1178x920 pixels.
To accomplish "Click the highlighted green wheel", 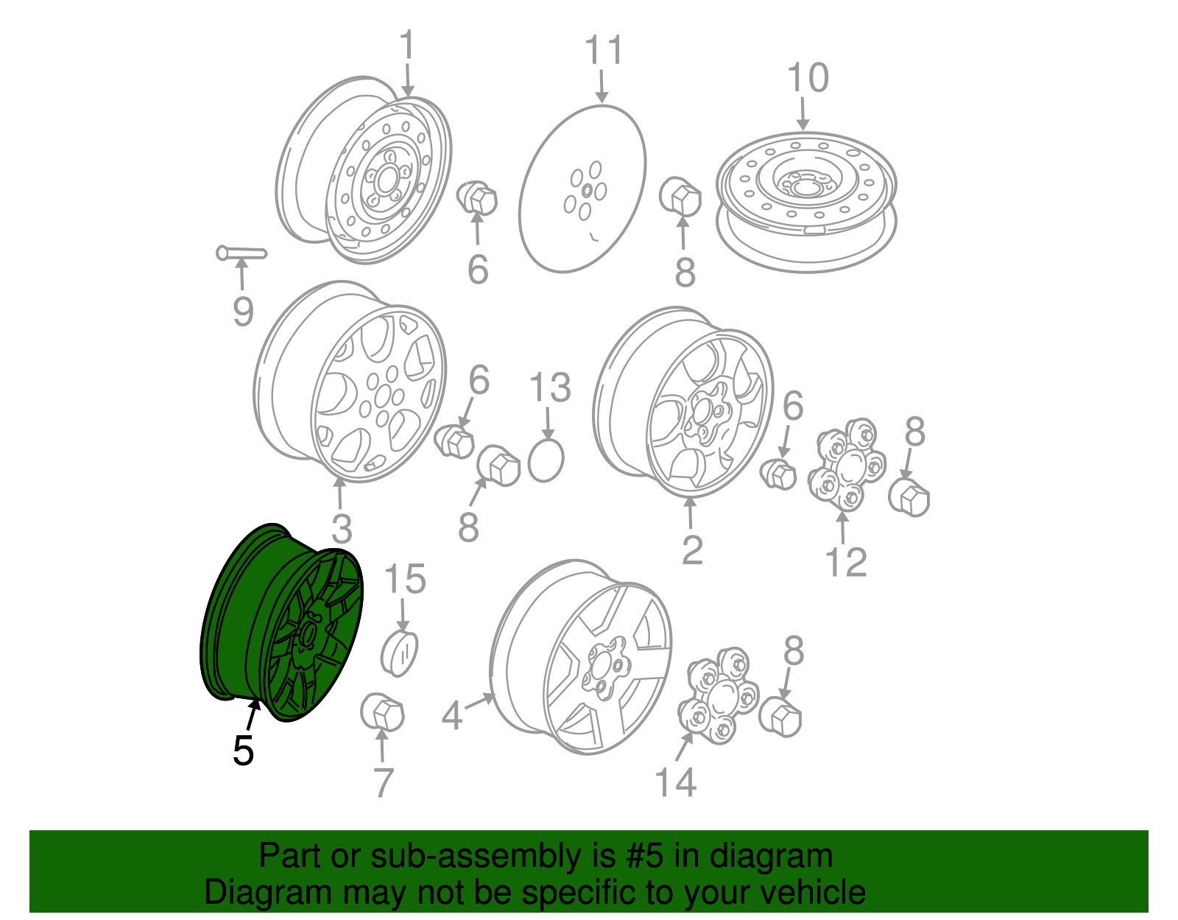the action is [x=281, y=623].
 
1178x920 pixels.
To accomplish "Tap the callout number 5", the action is [x=244, y=751].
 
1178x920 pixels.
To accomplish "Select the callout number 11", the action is [x=604, y=50].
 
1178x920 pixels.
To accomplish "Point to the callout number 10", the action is [x=808, y=77].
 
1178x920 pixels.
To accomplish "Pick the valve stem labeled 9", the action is [x=241, y=253].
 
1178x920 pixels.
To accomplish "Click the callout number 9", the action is [x=244, y=311].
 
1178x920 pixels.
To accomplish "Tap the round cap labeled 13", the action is [x=546, y=461].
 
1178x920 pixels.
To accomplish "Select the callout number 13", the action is [x=550, y=387].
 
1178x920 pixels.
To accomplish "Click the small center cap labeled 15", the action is [x=400, y=654].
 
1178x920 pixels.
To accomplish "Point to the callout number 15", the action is [x=405, y=578].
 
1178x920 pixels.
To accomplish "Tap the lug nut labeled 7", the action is [x=382, y=712].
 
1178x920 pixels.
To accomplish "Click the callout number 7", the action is [x=384, y=782].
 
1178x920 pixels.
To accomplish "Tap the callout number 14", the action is [x=675, y=782].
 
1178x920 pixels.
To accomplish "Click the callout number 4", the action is [x=451, y=715].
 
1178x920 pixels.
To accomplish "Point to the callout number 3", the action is [x=342, y=529].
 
